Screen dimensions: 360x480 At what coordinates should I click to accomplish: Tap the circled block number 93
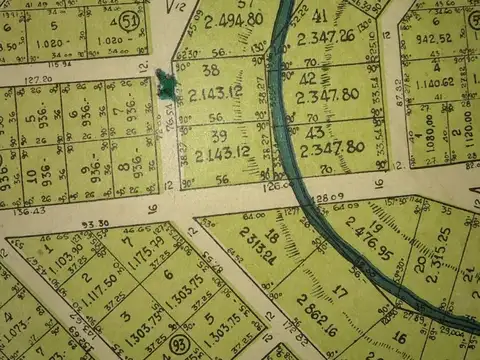tap(180, 343)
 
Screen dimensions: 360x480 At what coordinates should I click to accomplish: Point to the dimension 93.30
tap(95, 224)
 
